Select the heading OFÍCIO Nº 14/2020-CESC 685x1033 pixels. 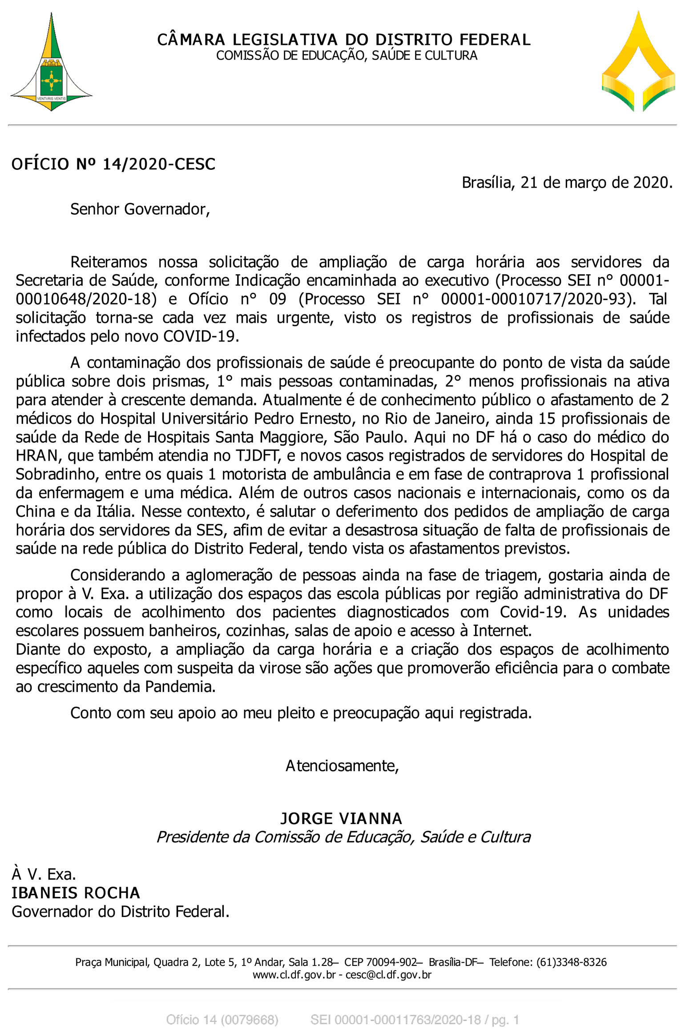pyautogui.click(x=113, y=164)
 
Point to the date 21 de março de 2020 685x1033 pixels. pyautogui.click(x=596, y=182)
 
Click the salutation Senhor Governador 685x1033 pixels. pyautogui.click(x=140, y=209)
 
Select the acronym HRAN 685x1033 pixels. pyautogui.click(x=37, y=456)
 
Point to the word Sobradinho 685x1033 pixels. pyautogui.click(x=56, y=474)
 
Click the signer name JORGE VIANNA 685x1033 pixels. pyautogui.click(x=341, y=819)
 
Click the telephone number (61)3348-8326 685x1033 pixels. pyautogui.click(x=571, y=962)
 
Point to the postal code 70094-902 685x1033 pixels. pyautogui.click(x=391, y=962)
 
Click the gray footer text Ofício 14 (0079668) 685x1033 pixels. pyautogui.click(x=222, y=1020)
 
